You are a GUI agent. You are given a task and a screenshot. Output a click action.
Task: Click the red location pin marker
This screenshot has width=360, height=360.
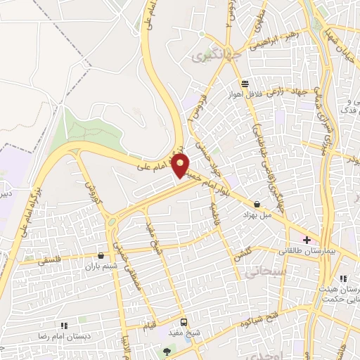pyautogui.click(x=181, y=166)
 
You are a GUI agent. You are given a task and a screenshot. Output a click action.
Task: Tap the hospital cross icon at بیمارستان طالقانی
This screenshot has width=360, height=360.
pyautogui.click(x=307, y=240)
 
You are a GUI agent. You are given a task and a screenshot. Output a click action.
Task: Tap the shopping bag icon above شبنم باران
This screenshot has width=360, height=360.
pyautogui.click(x=103, y=257)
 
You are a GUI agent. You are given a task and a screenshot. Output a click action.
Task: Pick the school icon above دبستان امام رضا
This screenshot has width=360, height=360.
pyautogui.click(x=63, y=326)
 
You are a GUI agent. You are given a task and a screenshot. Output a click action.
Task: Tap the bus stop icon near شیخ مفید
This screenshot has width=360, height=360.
pyautogui.click(x=184, y=321)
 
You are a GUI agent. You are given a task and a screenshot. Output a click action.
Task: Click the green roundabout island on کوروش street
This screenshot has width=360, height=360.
pyautogui.click(x=113, y=224)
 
